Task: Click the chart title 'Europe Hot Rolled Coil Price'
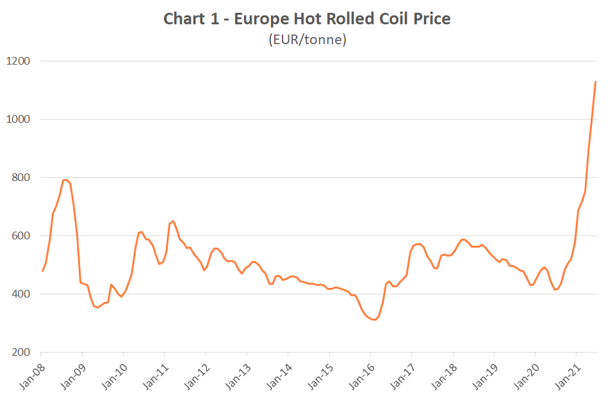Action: coord(342,19)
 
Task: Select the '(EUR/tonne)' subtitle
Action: coord(307,40)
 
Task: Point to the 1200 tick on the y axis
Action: coord(19,61)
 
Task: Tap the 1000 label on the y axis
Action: coord(19,120)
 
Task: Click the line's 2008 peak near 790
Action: coord(65,180)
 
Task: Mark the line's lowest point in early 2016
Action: coord(374,320)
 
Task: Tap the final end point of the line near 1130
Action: coord(596,82)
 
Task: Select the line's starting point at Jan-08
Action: coord(42,271)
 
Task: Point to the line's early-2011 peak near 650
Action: coord(173,221)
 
